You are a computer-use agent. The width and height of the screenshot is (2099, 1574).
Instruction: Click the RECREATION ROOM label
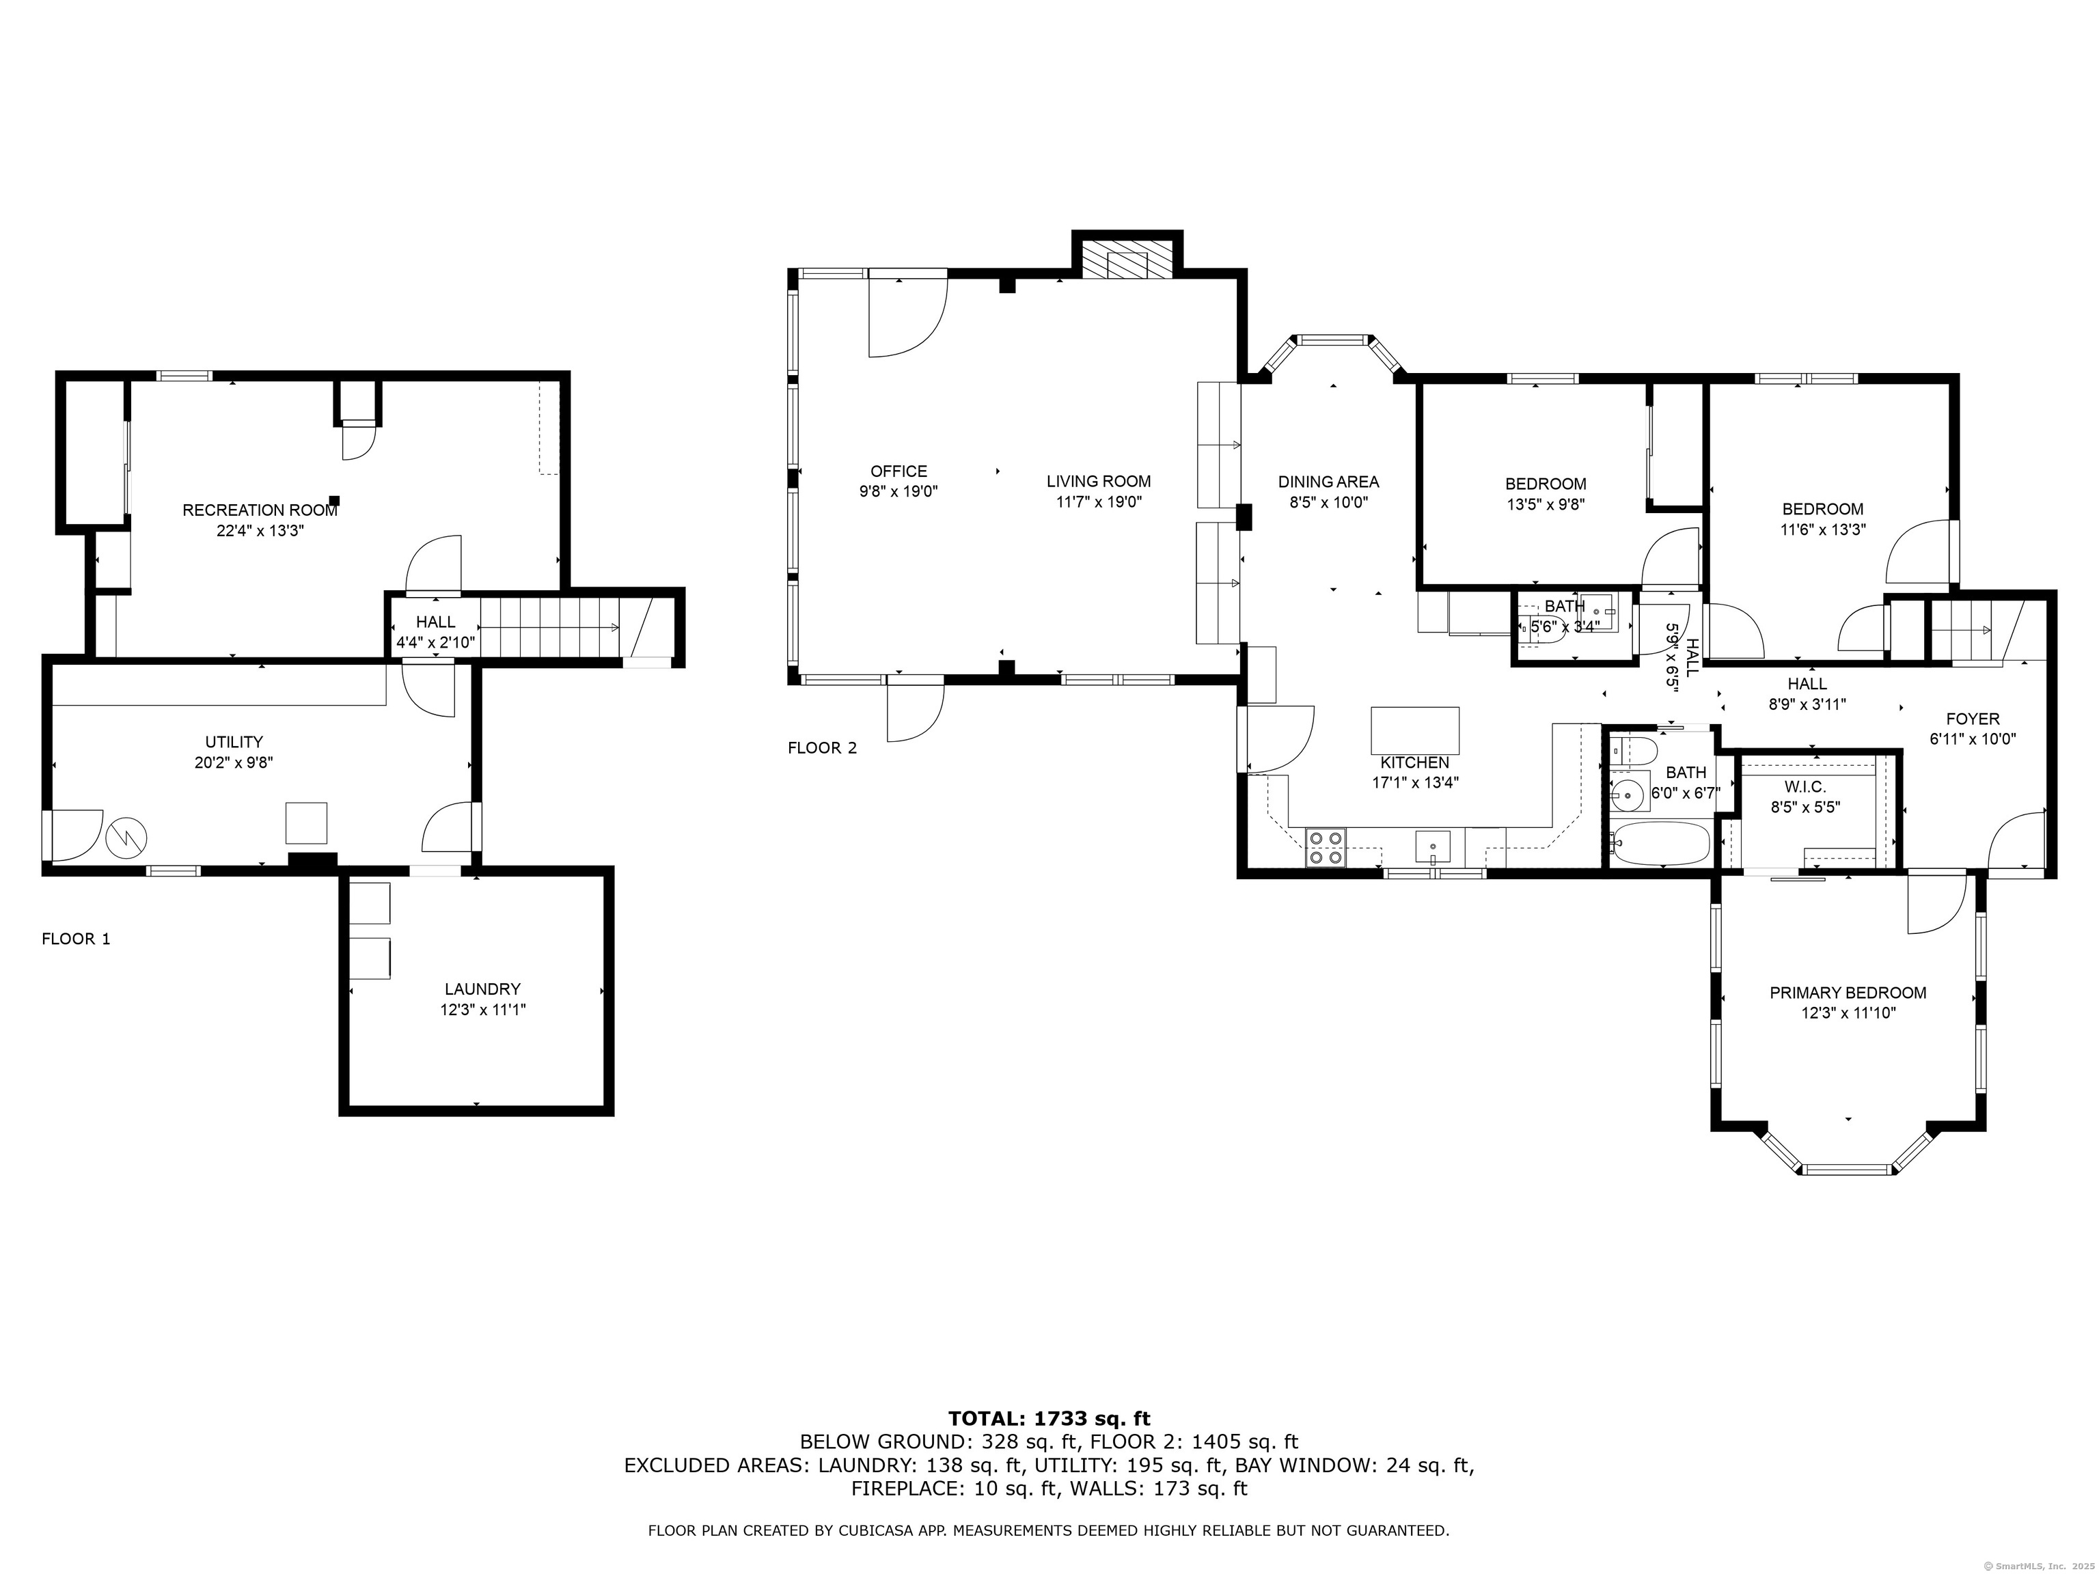click(260, 510)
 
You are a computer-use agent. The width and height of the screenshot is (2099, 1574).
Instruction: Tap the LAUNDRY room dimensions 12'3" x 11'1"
click(483, 1010)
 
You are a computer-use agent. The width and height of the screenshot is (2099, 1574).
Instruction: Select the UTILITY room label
click(234, 742)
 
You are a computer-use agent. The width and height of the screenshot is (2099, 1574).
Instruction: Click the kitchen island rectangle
click(1415, 730)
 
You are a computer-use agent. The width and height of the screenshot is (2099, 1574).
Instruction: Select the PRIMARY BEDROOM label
click(1848, 993)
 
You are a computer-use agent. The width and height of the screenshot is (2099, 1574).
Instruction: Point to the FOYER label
click(1973, 719)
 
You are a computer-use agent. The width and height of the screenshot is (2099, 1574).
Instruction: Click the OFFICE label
click(898, 471)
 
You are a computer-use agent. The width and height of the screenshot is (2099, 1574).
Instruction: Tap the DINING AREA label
click(1328, 482)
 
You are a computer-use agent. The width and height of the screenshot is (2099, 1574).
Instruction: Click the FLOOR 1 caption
click(76, 939)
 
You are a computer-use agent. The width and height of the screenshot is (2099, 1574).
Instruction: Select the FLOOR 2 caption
click(822, 747)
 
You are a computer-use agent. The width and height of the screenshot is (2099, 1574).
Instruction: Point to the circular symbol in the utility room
click(126, 837)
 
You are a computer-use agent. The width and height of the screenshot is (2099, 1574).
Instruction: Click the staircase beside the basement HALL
click(550, 626)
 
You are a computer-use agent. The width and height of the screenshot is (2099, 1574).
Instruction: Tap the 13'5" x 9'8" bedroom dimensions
click(1546, 505)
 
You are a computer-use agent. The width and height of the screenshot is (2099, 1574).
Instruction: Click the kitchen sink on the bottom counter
click(1432, 846)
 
